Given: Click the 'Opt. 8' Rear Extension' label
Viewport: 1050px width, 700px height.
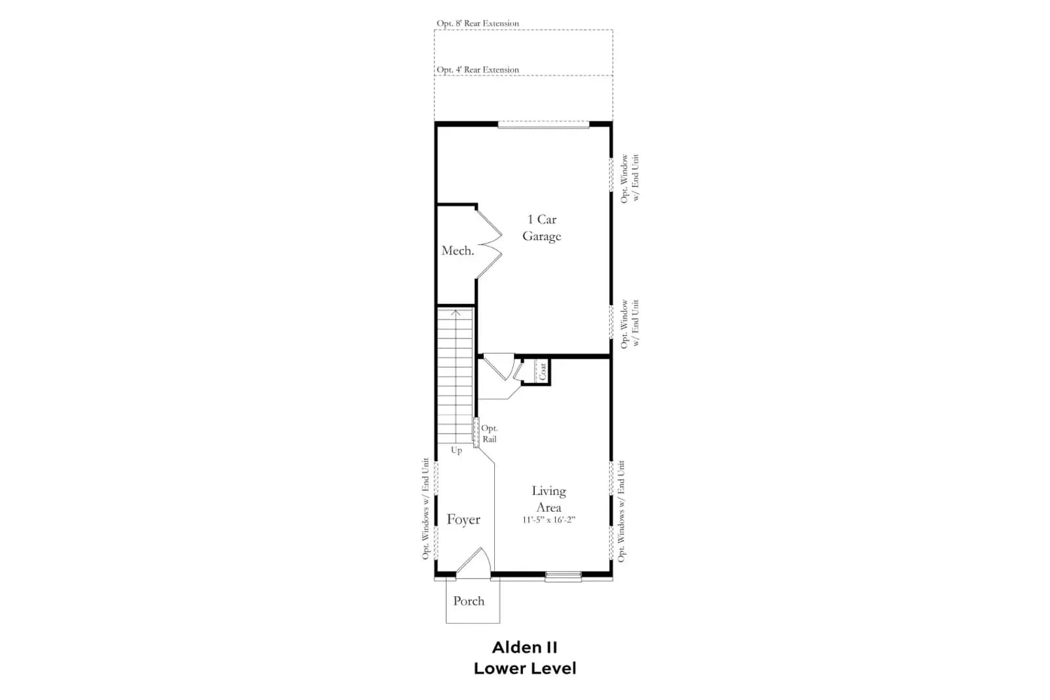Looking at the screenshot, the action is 478,24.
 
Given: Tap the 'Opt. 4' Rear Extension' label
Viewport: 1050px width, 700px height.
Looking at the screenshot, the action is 478,70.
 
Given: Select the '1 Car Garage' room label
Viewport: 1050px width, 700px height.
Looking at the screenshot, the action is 542,228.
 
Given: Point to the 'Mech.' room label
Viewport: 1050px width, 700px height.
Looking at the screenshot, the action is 458,251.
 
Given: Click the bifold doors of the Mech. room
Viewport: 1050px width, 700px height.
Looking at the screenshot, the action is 490,244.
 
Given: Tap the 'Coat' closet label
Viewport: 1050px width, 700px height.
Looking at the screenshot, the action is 542,371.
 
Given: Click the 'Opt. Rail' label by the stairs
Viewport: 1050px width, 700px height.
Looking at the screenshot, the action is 490,434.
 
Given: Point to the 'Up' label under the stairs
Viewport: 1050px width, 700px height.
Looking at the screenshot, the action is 457,450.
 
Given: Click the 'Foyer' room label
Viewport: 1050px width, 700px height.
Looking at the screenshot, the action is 463,520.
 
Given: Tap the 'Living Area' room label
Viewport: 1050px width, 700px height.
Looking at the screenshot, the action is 549,499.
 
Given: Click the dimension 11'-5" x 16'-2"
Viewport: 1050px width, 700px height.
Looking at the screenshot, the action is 549,520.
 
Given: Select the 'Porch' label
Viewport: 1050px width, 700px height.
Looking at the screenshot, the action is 469,601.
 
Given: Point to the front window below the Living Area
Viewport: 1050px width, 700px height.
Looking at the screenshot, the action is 564,577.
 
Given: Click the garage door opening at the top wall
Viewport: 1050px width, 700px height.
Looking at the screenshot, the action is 543,125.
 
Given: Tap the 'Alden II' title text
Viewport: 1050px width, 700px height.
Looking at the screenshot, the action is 525,648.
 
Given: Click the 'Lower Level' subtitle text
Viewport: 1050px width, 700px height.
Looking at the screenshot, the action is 525,669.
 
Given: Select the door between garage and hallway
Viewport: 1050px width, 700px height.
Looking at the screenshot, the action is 499,366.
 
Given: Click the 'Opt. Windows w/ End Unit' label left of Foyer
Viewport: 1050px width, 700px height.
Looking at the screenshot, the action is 426,509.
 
